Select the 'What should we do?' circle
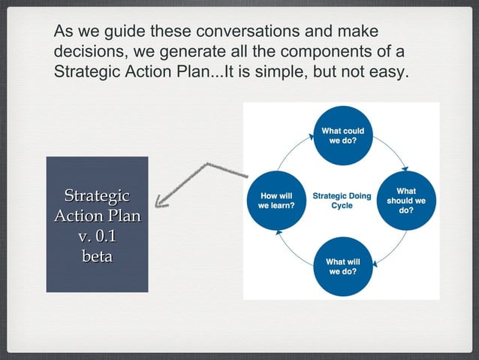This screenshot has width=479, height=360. tap(405, 201)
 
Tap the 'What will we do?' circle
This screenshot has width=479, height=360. tap(342, 267)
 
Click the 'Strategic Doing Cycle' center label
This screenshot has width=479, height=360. tap(342, 201)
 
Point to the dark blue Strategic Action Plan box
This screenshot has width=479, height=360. tap(97, 224)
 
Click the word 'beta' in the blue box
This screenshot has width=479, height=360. tap(97, 256)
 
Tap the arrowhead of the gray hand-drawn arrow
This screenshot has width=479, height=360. tap(159, 201)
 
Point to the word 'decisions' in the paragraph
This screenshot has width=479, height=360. tap(86, 54)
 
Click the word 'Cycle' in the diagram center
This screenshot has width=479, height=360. tap(342, 206)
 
